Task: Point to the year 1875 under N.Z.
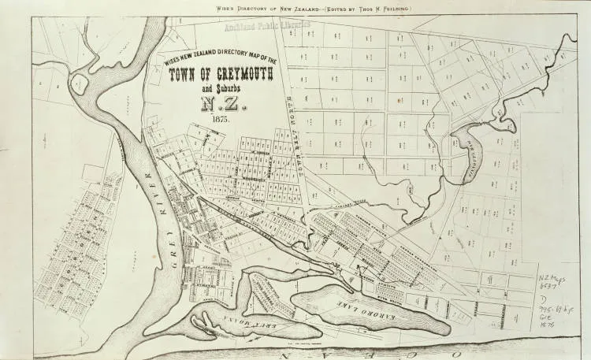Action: pos(220,119)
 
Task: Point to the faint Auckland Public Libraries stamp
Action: pos(267,26)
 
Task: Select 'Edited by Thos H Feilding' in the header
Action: pos(355,7)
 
